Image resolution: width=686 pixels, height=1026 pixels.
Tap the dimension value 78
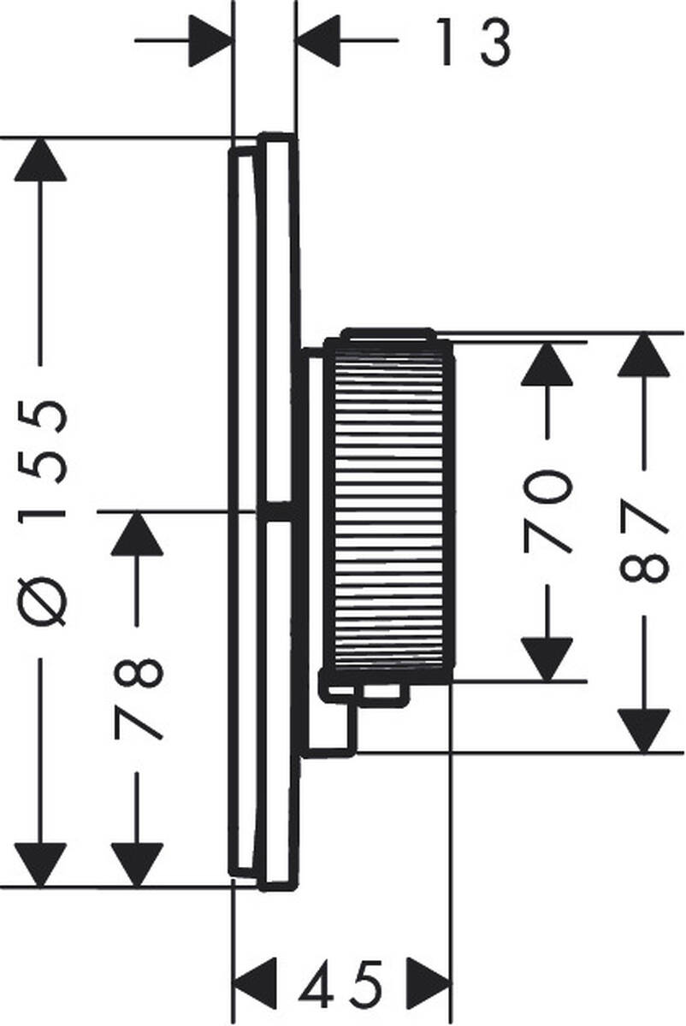(137, 698)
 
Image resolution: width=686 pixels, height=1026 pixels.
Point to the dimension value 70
(547, 510)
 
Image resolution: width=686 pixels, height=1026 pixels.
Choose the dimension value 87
(643, 544)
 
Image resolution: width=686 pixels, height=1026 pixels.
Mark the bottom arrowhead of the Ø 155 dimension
(40, 864)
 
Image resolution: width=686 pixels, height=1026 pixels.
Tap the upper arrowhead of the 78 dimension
(137, 534)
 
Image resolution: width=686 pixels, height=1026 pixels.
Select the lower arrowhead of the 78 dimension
(137, 864)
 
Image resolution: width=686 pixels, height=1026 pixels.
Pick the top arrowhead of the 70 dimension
(547, 364)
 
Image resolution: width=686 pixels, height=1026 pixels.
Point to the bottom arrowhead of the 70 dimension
(547, 659)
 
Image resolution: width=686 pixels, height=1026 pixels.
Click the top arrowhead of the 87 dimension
(643, 355)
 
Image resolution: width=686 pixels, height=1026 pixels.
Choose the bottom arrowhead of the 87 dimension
(643, 731)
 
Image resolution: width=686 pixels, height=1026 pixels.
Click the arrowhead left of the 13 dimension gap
(210, 40)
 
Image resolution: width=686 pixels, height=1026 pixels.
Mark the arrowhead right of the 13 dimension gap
(318, 40)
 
